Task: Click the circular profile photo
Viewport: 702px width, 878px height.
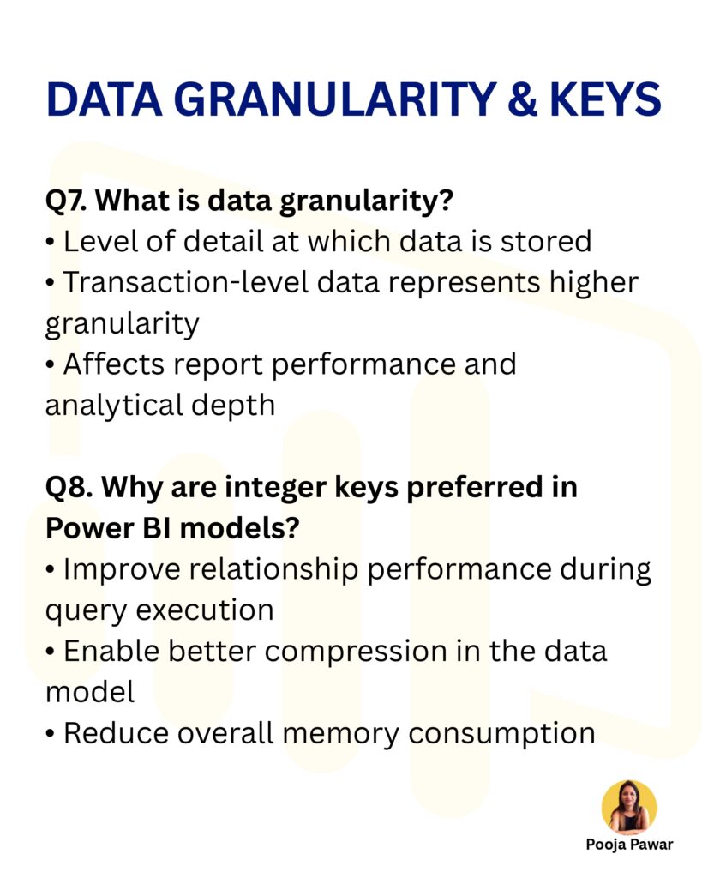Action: point(629,807)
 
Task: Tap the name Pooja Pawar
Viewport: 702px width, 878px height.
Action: point(629,845)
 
